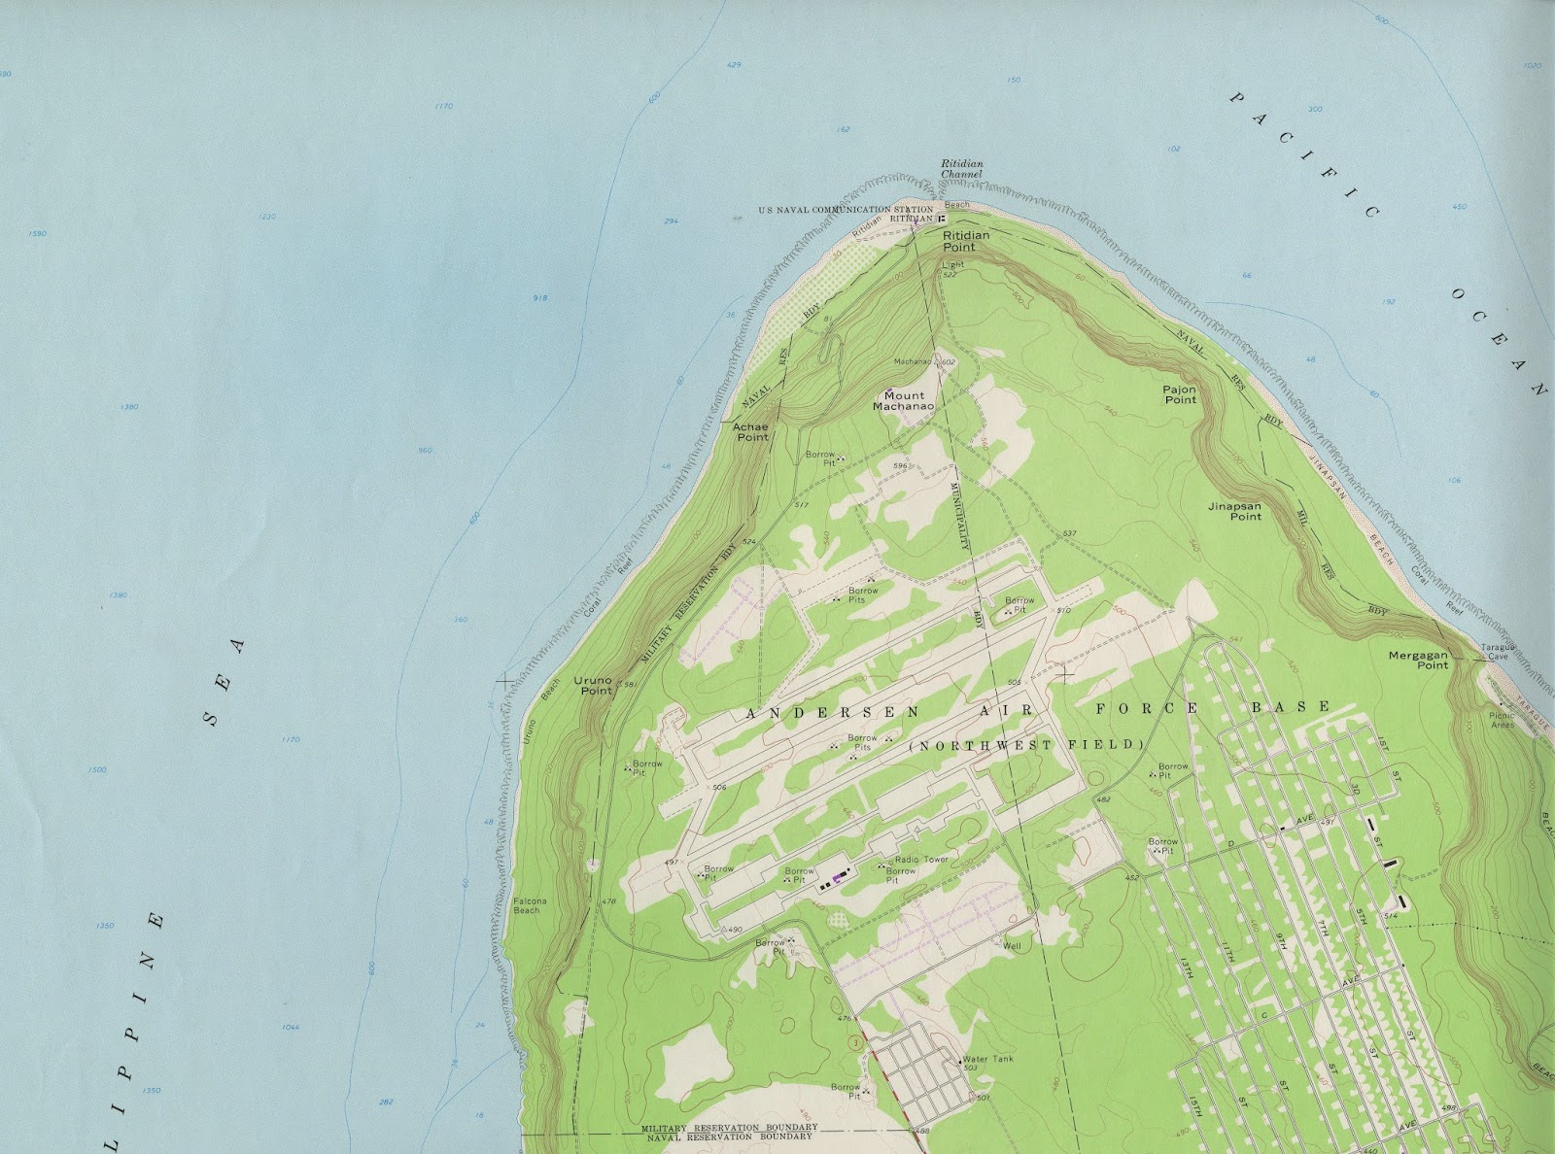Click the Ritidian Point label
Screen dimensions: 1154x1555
965,241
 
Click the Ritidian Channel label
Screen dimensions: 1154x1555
962,169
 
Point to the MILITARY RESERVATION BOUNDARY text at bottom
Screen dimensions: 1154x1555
729,1127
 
